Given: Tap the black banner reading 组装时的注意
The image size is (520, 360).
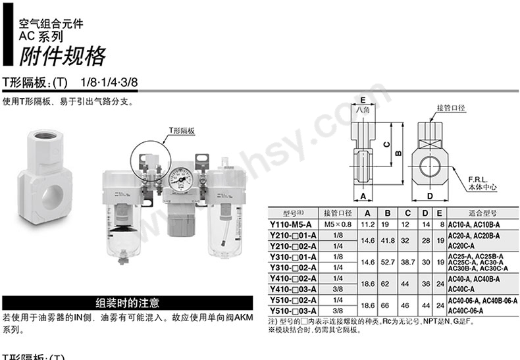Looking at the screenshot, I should tap(128, 303).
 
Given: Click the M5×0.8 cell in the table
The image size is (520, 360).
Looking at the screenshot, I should tap(339, 224).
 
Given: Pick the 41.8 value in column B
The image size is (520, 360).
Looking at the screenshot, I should tap(388, 240).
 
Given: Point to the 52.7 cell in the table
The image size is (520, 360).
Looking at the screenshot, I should tap(388, 262).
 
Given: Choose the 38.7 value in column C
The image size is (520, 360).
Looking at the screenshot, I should tap(408, 262).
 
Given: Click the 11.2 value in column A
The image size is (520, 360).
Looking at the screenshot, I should tap(368, 224).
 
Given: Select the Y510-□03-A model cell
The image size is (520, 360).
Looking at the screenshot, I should tap(294, 310).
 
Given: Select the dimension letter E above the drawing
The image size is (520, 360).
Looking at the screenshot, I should tap(363, 100).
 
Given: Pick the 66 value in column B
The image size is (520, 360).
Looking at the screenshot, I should tap(388, 305).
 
